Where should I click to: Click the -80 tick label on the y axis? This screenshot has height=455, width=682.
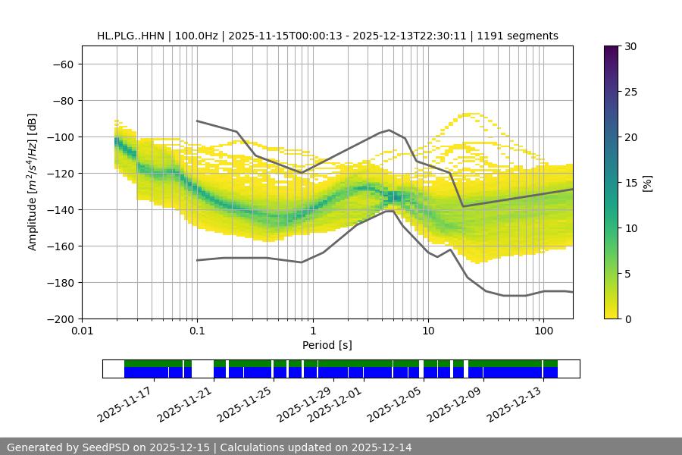click(62, 100)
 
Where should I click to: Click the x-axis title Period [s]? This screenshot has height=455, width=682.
click(327, 345)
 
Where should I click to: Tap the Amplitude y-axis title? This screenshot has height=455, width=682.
click(33, 182)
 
